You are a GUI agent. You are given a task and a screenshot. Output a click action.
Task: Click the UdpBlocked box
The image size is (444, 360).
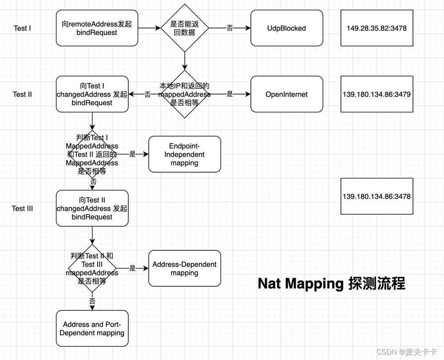tap(286, 28)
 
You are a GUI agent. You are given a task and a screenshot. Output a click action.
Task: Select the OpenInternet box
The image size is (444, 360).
tap(286, 94)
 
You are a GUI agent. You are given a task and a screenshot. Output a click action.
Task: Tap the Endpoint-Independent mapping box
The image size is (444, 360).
tap(184, 154)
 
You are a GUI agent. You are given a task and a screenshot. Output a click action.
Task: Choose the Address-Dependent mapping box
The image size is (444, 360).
tap(184, 269)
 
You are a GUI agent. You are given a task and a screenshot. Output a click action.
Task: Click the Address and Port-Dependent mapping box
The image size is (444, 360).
tap(92, 328)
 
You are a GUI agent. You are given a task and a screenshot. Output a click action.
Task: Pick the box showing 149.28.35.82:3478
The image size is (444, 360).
tap(377, 28)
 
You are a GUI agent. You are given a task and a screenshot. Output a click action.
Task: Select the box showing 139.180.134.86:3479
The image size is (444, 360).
tap(377, 94)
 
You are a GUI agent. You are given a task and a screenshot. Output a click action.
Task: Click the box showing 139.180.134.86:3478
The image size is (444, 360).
tap(377, 196)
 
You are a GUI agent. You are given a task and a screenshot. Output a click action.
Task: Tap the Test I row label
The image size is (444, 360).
tap(22, 28)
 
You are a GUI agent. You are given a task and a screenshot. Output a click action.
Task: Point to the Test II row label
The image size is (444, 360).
tap(22, 94)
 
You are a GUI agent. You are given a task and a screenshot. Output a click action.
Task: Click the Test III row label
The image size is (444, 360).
tap(22, 208)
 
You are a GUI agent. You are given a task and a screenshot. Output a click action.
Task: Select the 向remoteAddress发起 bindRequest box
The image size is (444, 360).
tap(97, 28)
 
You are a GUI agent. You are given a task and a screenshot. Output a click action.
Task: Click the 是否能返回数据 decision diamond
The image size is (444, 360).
tap(184, 28)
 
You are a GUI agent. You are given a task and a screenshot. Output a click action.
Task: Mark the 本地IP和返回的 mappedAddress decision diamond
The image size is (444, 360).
tap(184, 94)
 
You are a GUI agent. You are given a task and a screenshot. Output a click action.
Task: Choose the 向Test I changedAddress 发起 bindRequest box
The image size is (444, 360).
tap(92, 94)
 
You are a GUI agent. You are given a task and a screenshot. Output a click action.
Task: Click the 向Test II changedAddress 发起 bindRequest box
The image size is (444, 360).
tap(92, 208)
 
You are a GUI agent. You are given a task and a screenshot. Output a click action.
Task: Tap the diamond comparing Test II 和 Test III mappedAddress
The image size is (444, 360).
tap(92, 269)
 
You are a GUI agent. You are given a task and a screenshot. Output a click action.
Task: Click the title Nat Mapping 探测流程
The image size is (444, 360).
tap(331, 284)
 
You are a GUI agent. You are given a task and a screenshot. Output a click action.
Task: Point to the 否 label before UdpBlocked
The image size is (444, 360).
tap(230, 28)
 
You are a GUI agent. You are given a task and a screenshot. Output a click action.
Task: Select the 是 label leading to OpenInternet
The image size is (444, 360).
tap(230, 94)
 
